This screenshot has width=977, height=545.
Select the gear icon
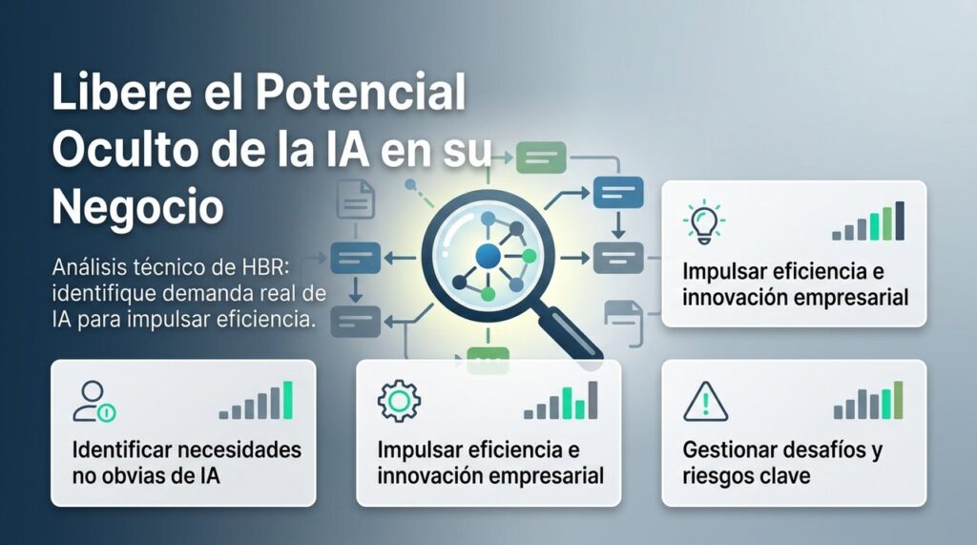(398, 401)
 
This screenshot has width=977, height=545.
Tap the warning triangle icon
(705, 401)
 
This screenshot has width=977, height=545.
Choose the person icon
(93, 402)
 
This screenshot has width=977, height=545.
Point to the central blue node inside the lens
(488, 255)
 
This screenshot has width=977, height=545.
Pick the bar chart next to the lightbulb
(867, 222)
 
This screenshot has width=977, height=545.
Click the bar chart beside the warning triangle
(867, 401)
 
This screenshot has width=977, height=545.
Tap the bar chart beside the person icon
(256, 401)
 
